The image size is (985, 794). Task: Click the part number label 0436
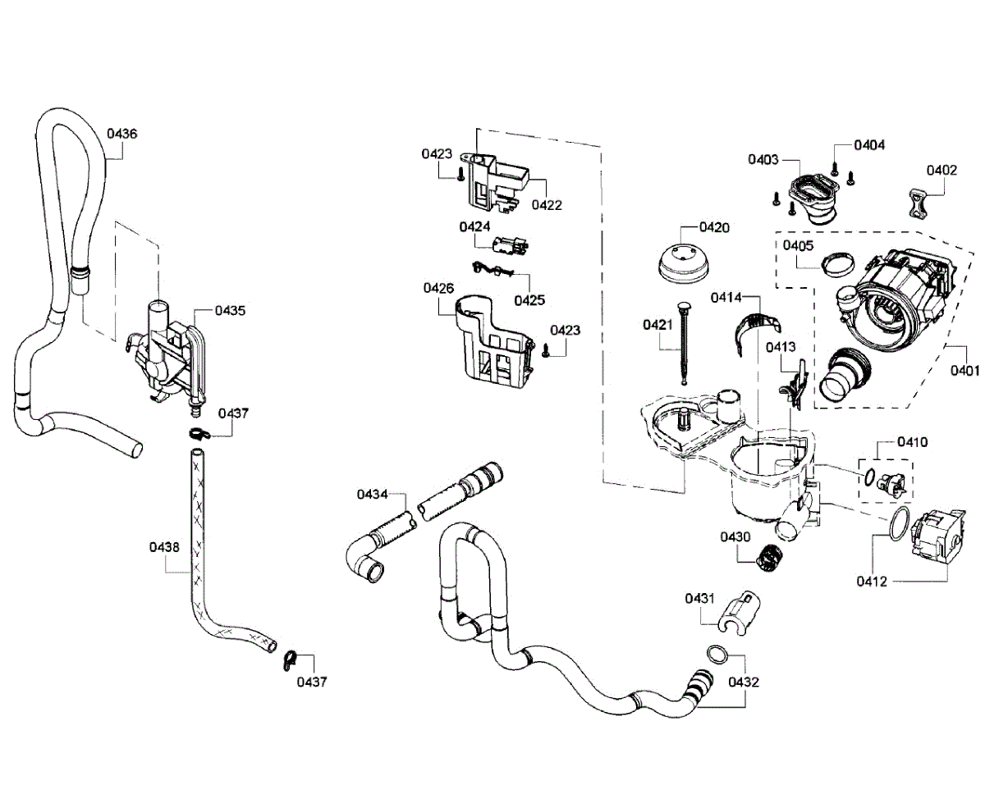121,134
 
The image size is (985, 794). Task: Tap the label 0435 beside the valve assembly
230,311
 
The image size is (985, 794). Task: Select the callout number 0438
164,547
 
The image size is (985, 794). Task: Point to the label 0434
372,495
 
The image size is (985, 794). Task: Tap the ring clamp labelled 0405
839,265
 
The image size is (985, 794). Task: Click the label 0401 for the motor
965,371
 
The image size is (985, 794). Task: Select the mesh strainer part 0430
766,559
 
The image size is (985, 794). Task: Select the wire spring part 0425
493,269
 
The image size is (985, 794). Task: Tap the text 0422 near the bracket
547,205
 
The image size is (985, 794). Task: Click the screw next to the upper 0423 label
461,174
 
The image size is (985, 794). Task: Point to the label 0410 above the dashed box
912,442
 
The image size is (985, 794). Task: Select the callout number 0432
744,682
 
